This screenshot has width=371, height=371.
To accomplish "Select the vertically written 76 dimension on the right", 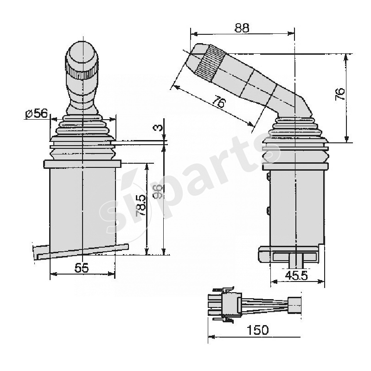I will click(340, 94).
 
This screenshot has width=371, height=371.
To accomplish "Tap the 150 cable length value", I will click(258, 330).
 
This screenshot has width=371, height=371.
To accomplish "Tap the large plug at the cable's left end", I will click(227, 306).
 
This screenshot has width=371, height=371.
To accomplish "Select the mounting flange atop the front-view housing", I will click(82, 164).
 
